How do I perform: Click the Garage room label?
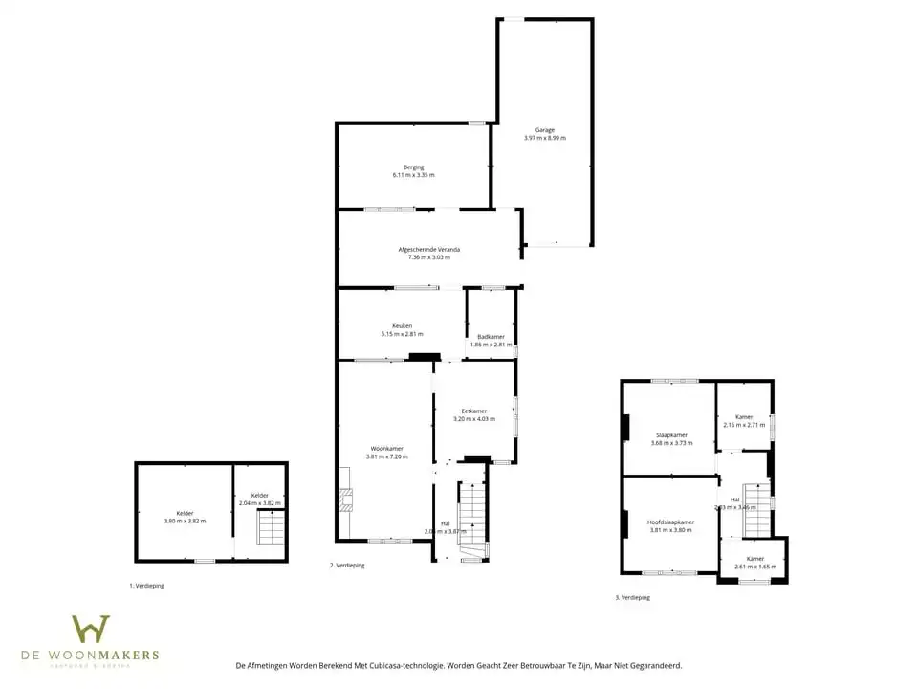coord(544,130)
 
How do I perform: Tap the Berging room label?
coord(413,167)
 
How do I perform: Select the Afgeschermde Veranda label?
coord(428,250)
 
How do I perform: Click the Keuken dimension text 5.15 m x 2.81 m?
coord(402,334)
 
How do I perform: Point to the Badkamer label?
coord(492,337)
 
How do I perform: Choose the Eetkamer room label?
coord(474,411)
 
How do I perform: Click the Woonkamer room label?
coord(386,449)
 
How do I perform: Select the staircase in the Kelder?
coord(271,527)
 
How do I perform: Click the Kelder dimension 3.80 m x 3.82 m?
coord(185,521)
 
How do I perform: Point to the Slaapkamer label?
coord(669,435)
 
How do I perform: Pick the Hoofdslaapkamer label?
coord(670,522)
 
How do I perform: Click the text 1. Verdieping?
coord(146,586)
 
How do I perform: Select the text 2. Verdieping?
coord(347,566)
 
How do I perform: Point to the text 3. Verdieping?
coord(632,598)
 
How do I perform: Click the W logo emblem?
coord(91,630)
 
